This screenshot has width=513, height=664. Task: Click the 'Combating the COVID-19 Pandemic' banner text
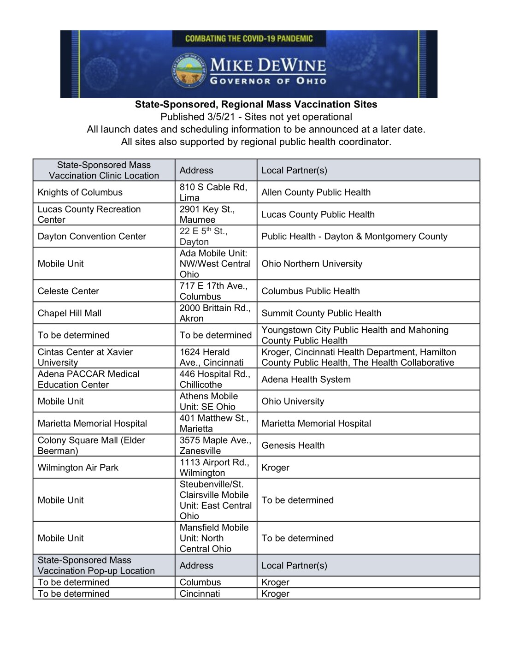pos(249,39)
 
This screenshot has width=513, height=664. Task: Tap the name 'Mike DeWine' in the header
pos(268,65)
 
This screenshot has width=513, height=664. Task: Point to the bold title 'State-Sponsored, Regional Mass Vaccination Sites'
pos(256,105)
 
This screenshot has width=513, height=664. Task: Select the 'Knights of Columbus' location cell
pos(80,192)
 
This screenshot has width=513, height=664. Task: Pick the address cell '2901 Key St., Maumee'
pos(207,214)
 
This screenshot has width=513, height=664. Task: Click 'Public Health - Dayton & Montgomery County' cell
pos(354,237)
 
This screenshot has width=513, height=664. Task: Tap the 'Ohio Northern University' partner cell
pos(312,264)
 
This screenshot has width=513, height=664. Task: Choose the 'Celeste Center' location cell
pos(68,291)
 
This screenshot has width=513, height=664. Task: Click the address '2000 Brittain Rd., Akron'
pos(215,313)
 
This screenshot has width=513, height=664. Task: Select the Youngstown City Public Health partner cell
pos(354,335)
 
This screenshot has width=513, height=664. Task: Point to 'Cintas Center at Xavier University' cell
pos(85,357)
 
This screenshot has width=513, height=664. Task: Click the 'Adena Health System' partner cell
pos(306,379)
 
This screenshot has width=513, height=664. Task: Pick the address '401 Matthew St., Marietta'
pos(214,423)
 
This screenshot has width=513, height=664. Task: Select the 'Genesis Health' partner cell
pos(293,445)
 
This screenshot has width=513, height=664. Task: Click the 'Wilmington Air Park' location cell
pos(78,468)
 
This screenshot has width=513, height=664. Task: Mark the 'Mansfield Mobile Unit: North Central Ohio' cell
pos(214,538)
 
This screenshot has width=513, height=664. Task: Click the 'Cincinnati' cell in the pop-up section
pos(200,594)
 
